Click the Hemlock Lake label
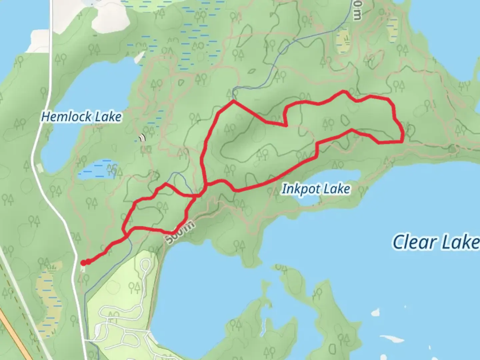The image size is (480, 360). tap(81, 117)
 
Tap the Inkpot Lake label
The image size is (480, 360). tap(316, 189)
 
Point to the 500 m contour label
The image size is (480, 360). tap(179, 233)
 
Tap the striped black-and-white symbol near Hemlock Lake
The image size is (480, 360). tap(143, 138)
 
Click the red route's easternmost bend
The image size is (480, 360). tap(403, 137)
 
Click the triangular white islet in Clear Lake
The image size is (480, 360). tap(375, 312)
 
